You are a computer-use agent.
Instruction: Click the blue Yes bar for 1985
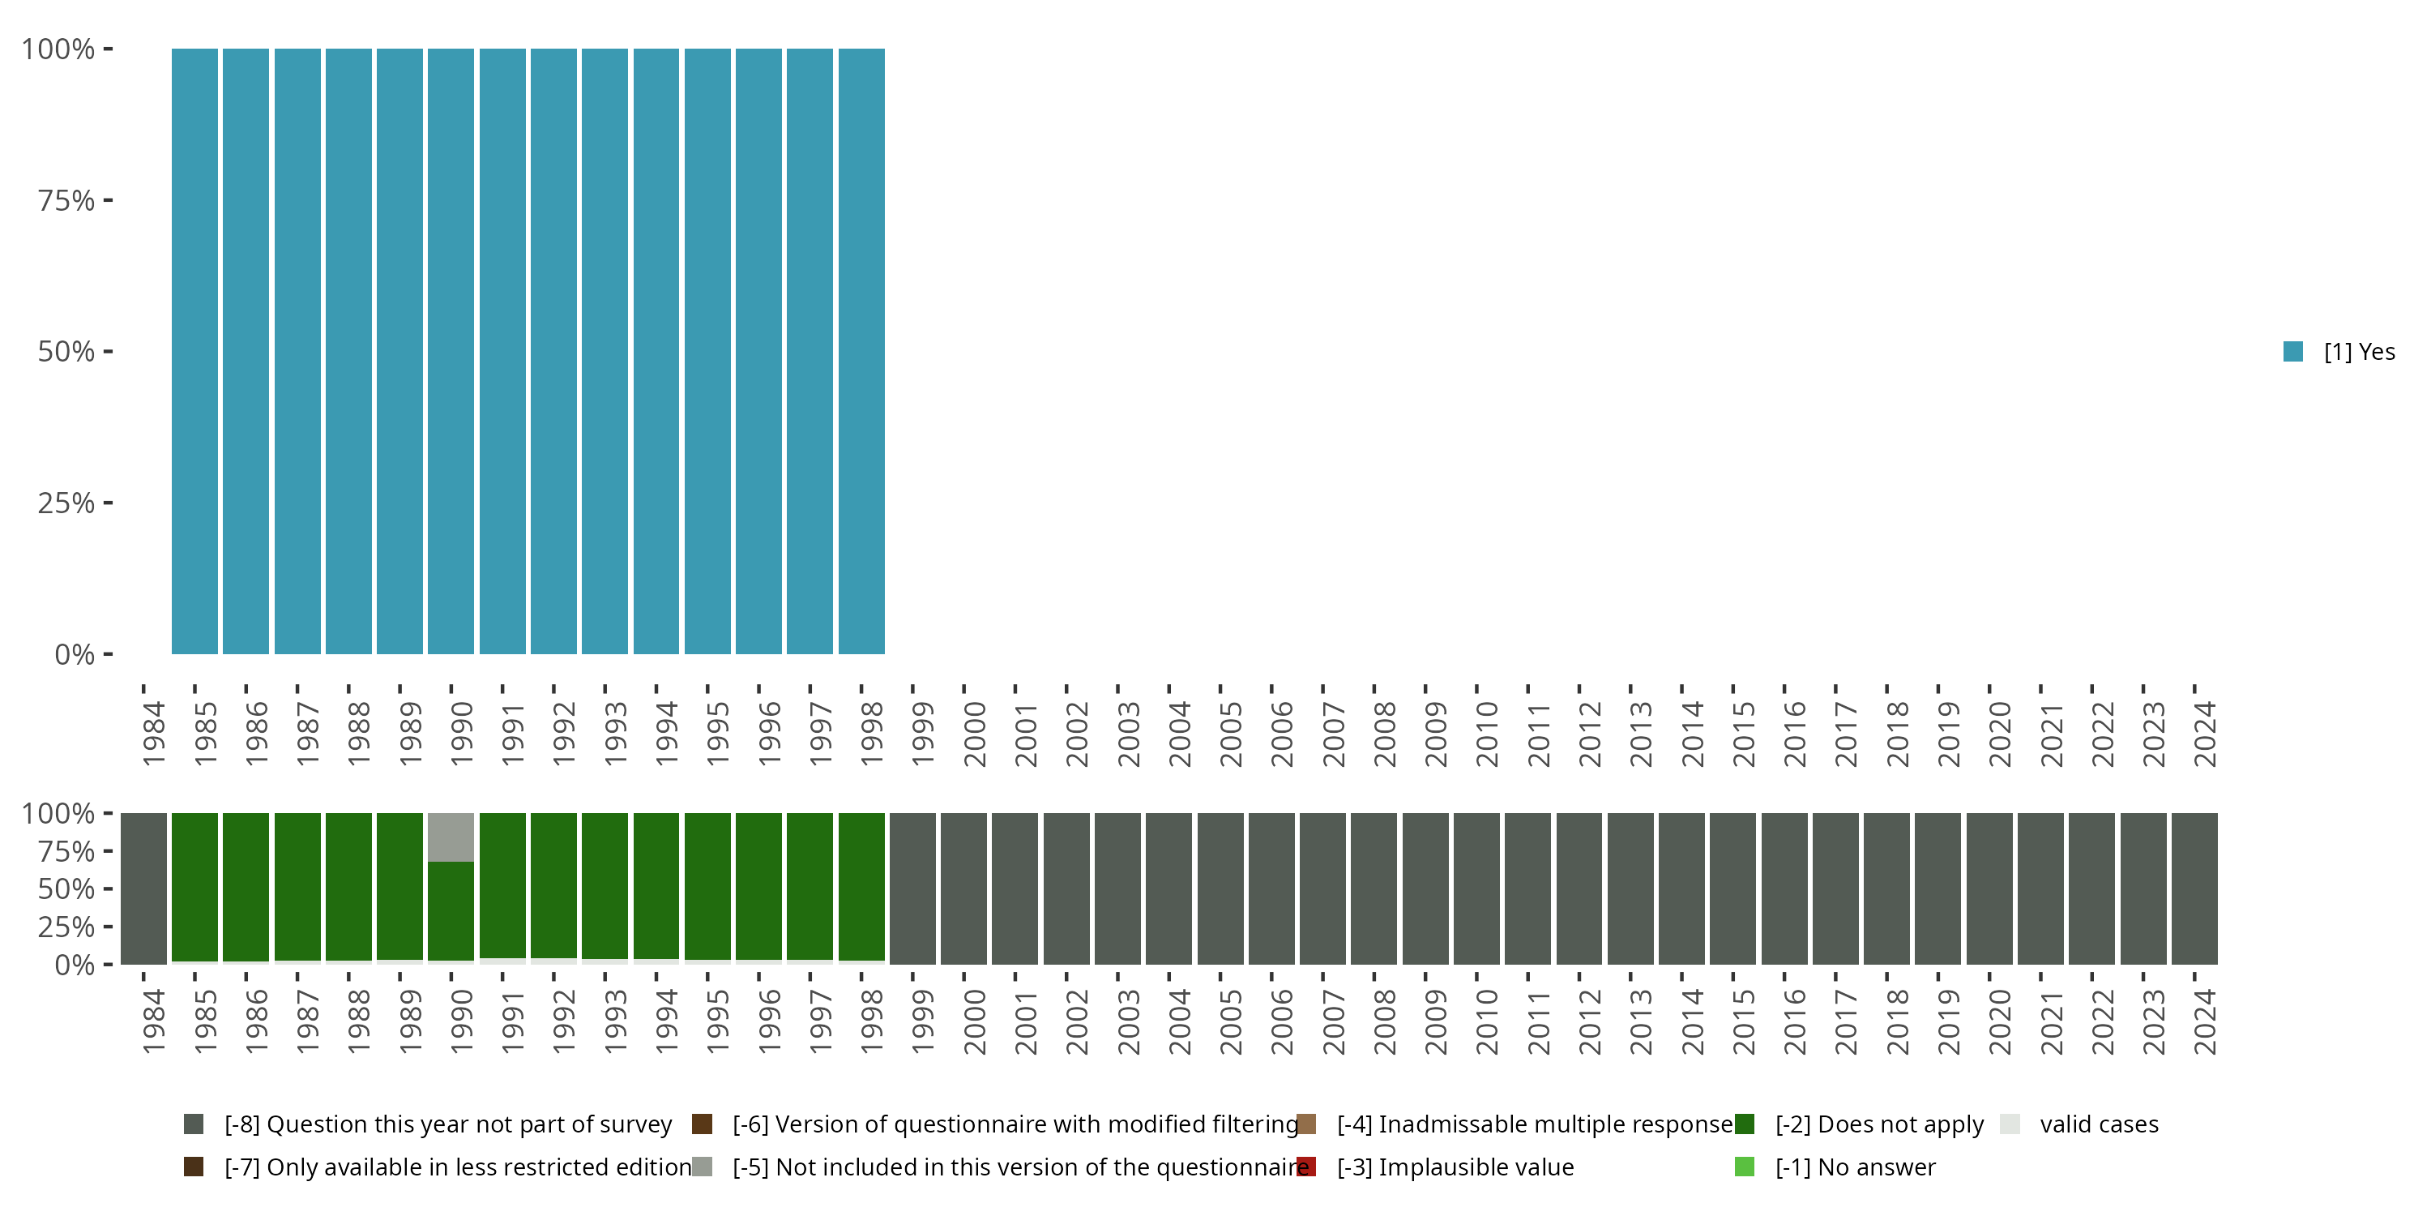pos(194,351)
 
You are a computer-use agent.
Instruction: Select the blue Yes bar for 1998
pos(861,351)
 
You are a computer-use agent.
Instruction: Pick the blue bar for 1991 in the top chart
pos(502,351)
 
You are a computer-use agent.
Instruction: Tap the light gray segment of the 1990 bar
pos(451,837)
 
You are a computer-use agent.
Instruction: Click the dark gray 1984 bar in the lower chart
pos(143,888)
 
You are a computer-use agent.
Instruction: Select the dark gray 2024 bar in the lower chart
pos(2194,888)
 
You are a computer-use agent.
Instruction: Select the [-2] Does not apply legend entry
pos(1878,1124)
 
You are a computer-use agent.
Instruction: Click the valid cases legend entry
pos(2098,1124)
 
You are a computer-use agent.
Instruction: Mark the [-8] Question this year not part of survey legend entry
pos(447,1124)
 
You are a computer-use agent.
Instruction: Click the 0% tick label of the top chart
pos(75,654)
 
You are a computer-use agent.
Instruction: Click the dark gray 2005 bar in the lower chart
pos(1220,888)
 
